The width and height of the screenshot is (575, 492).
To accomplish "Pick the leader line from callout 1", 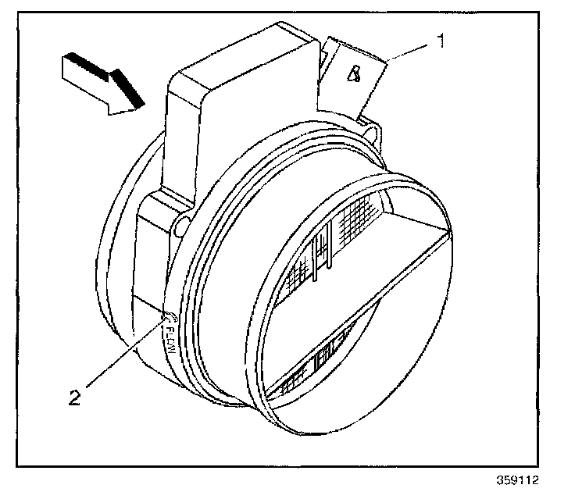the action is coord(409,52).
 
